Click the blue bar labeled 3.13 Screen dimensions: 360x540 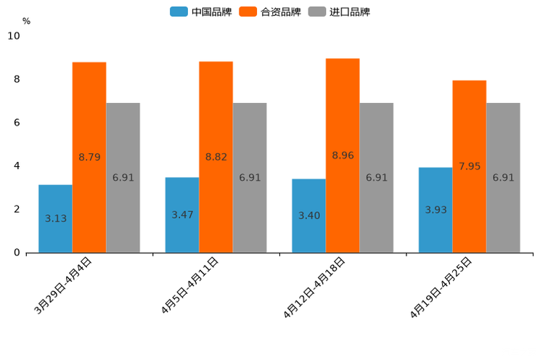(x=55, y=218)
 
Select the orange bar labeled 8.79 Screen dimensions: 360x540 (x=89, y=157)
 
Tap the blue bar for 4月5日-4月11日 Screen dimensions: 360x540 (x=182, y=215)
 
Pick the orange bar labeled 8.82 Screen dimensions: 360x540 (x=216, y=157)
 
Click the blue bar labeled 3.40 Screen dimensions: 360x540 (x=308, y=216)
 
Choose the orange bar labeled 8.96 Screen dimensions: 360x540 (x=343, y=155)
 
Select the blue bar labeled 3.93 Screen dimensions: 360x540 (x=435, y=210)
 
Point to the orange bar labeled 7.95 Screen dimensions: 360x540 (x=469, y=166)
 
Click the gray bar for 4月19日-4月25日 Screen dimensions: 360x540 (x=503, y=178)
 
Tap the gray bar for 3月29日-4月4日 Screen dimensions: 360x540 (x=123, y=178)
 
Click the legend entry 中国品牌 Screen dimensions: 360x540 (x=200, y=12)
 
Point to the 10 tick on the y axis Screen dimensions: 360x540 (x=14, y=36)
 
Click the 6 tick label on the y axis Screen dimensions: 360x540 (x=17, y=123)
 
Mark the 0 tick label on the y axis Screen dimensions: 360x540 (x=17, y=253)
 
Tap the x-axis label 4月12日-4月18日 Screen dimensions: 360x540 (x=315, y=287)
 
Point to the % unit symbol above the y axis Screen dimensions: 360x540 (x=26, y=21)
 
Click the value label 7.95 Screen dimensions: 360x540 (x=470, y=166)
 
